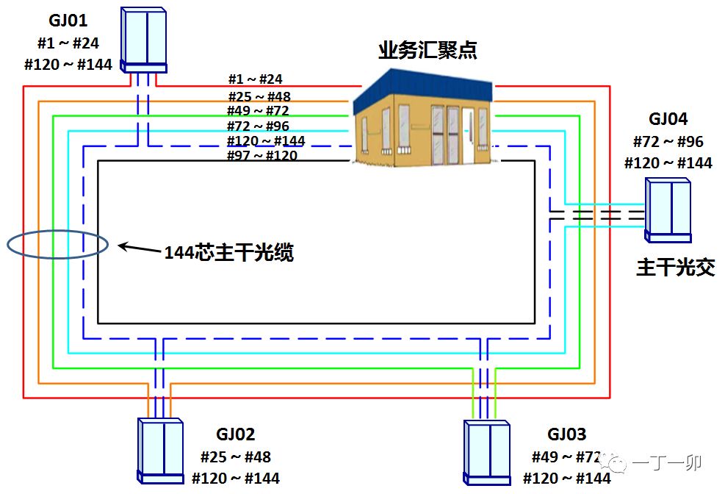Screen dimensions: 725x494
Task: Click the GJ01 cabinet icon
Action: [x=143, y=40]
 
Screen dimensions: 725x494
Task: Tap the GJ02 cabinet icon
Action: [x=160, y=451]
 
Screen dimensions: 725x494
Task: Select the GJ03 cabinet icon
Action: [x=487, y=452]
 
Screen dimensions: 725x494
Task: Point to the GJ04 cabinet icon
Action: [x=668, y=210]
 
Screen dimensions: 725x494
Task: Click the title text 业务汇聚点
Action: [x=428, y=50]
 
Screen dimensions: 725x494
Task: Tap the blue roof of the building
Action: [x=423, y=90]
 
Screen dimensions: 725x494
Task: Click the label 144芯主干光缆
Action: [x=229, y=253]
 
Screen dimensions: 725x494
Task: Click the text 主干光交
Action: [x=676, y=268]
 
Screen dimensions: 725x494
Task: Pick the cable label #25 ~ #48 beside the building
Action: [x=259, y=97]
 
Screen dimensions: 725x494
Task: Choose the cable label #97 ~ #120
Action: [x=262, y=155]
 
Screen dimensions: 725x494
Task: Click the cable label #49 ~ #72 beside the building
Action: [x=258, y=111]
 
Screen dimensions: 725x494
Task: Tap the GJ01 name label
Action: [x=68, y=21]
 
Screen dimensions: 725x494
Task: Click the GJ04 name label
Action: [x=668, y=119]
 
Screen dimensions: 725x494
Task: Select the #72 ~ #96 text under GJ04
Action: [x=668, y=142]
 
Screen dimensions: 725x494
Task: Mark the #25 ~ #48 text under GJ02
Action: [x=236, y=457]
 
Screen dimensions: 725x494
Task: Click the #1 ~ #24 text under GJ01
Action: [x=68, y=43]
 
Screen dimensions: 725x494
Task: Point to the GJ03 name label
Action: [x=567, y=434]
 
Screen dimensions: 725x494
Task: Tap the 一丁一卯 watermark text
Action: [x=667, y=463]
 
